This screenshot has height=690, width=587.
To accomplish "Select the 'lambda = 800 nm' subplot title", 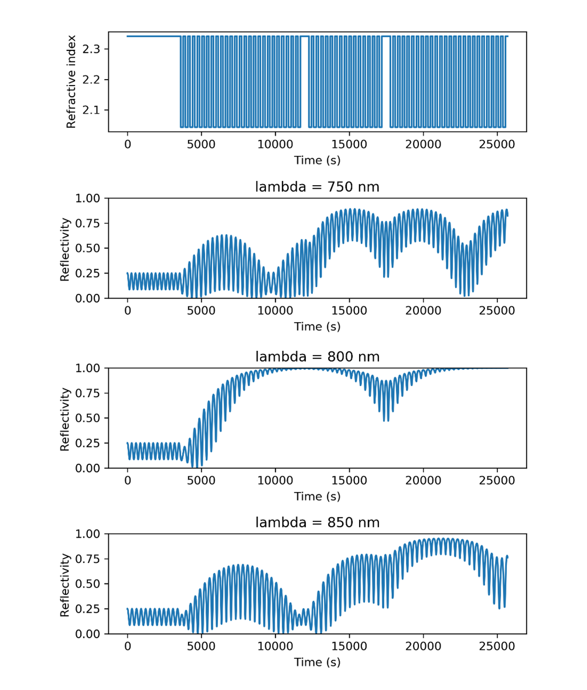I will tap(317, 356).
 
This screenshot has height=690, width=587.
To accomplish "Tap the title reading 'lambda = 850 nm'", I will tap(317, 522).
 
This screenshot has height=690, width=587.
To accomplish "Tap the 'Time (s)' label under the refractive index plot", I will tap(317, 159).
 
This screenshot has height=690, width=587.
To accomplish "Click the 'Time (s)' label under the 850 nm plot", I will tap(317, 662).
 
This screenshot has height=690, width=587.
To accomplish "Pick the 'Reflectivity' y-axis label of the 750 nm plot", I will tap(65, 248).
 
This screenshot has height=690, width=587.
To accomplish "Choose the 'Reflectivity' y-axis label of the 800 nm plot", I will tap(65, 418).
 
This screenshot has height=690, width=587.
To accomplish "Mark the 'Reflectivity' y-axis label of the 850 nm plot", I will tap(65, 584).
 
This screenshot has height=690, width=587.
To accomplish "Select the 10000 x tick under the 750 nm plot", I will tap(275, 311).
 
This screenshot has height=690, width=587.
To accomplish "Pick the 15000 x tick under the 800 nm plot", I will tap(349, 480).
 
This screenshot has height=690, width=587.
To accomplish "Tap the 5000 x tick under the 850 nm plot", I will tap(202, 647).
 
